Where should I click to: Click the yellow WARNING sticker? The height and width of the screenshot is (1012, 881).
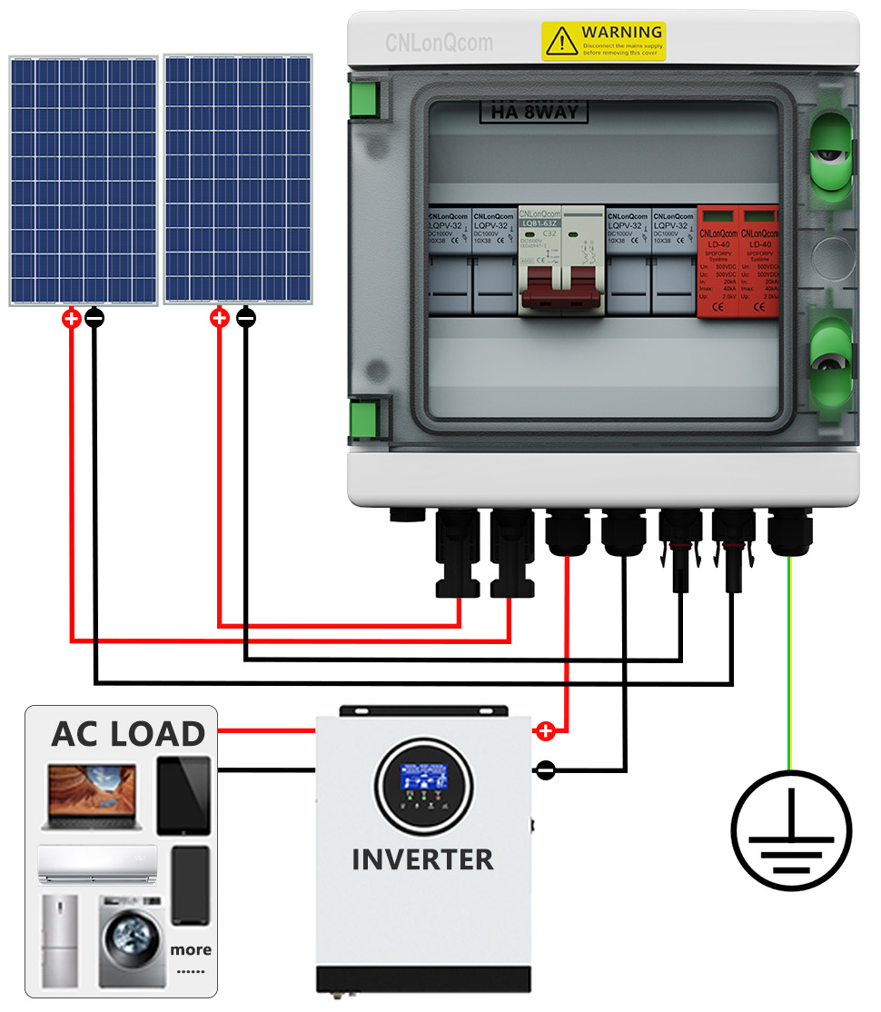click(x=603, y=41)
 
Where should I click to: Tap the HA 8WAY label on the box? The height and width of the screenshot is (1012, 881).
click(x=533, y=113)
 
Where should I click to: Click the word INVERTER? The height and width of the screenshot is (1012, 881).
click(x=422, y=858)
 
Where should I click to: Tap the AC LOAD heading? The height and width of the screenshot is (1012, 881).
click(x=128, y=734)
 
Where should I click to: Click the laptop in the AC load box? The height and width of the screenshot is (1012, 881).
click(x=89, y=797)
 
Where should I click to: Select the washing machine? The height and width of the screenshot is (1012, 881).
click(x=132, y=942)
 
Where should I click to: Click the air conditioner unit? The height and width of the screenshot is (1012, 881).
click(x=97, y=863)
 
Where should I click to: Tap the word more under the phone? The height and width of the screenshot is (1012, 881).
click(x=191, y=949)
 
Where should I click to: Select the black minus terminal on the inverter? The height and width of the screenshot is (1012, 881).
click(x=545, y=770)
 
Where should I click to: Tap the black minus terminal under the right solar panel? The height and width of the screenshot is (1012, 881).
click(x=245, y=318)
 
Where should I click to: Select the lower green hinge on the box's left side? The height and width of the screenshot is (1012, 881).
click(x=363, y=419)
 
